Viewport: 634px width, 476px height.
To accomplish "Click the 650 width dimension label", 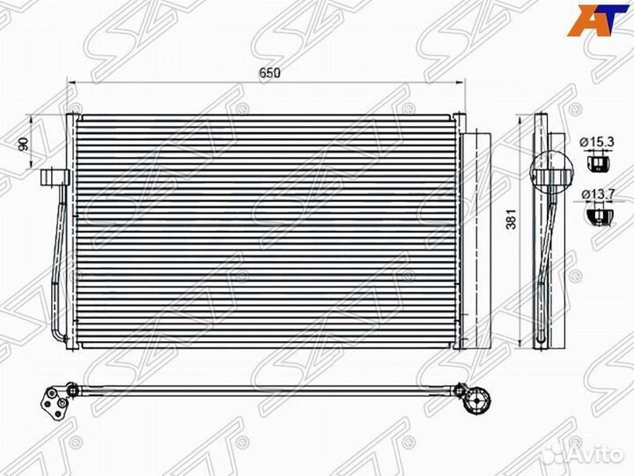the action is point(270,73).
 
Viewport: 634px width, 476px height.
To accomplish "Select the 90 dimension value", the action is point(23,144).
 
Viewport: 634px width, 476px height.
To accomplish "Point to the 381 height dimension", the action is point(512,219).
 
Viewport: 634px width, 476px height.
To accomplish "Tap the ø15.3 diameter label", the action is point(596,142).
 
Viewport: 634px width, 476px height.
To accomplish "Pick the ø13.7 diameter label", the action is point(598,194).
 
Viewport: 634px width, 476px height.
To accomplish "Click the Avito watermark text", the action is point(601,455).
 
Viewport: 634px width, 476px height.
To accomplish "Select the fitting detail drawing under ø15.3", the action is point(596,161).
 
